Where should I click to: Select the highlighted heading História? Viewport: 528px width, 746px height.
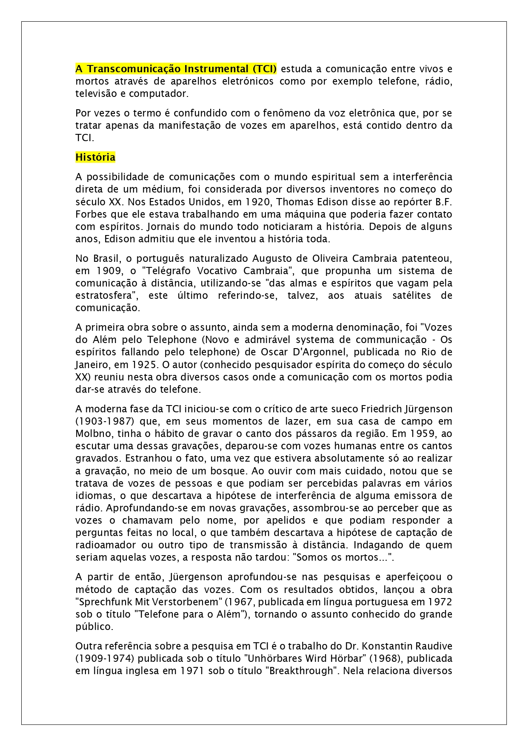[95, 157]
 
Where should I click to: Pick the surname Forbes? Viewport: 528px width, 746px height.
[89, 214]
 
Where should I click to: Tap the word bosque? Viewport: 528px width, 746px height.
[228, 471]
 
